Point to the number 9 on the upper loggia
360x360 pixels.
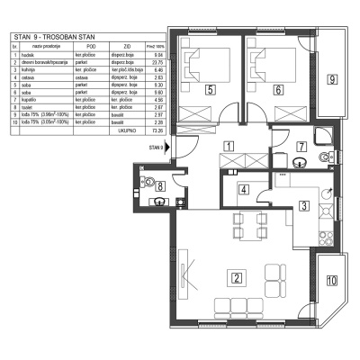332,80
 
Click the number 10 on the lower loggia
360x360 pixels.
331,281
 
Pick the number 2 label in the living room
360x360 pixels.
236,277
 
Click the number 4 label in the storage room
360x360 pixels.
243,189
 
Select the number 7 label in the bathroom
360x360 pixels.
302,146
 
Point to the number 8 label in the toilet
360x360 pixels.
159,186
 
